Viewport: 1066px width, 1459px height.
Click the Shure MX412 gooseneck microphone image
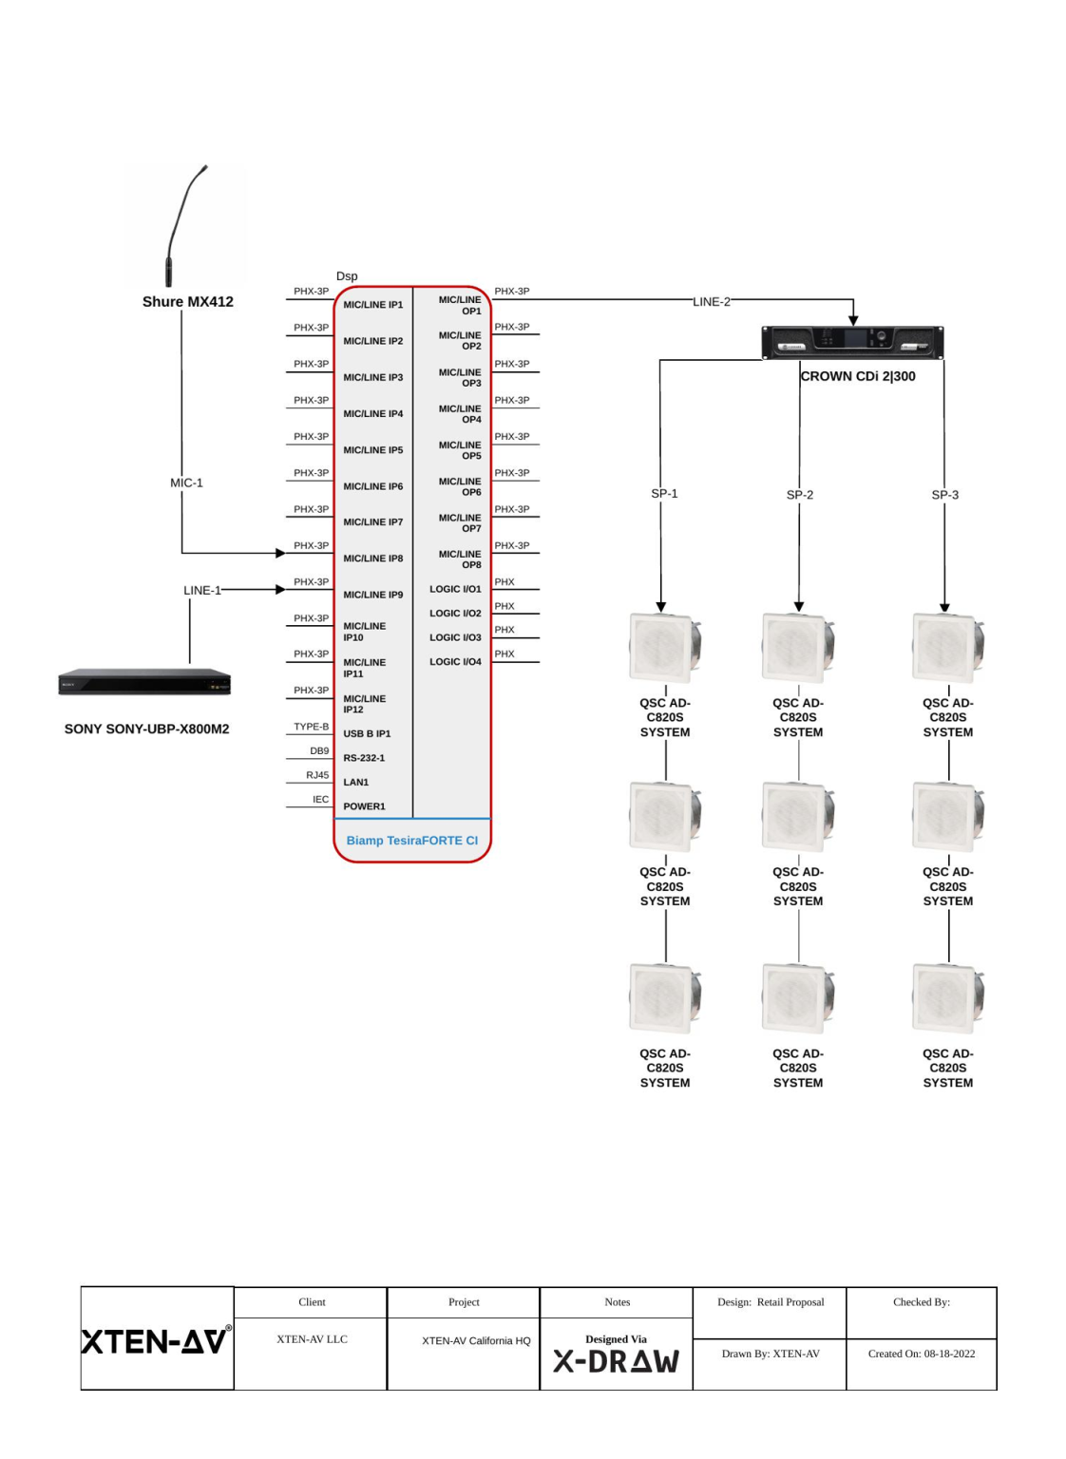click(x=184, y=226)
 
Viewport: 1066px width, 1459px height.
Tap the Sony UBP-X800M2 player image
click(x=144, y=682)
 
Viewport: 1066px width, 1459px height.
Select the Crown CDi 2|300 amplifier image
click(x=852, y=342)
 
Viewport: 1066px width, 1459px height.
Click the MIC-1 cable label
click(x=186, y=483)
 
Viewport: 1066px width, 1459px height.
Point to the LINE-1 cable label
click(x=201, y=590)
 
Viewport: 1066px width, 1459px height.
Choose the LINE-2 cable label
click(x=712, y=301)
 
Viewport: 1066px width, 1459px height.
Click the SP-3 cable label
click(x=944, y=495)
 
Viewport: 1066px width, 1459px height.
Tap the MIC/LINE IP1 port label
click(x=373, y=305)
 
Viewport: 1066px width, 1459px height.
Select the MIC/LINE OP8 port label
click(x=460, y=559)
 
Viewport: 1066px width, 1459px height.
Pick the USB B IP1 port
click(x=367, y=733)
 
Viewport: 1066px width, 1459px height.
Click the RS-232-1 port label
click(x=364, y=758)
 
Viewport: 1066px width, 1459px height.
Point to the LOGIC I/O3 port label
click(x=455, y=637)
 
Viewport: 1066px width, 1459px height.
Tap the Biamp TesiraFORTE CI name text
click(x=412, y=841)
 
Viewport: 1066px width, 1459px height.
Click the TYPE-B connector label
click(x=311, y=727)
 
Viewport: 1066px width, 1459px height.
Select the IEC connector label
click(x=320, y=799)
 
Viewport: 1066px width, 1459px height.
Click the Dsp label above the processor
click(x=347, y=276)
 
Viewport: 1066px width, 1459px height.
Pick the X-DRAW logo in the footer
click(x=617, y=1361)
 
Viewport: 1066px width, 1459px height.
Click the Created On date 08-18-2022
click(x=921, y=1354)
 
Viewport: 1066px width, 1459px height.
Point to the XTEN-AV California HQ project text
click(x=476, y=1340)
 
